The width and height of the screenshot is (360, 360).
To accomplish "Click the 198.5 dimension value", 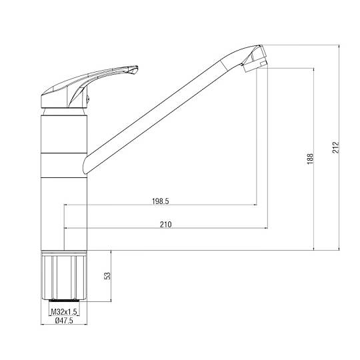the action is [x=160, y=201].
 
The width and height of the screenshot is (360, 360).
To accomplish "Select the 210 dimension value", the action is [x=166, y=224].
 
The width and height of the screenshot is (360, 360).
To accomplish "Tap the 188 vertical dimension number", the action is [x=310, y=159].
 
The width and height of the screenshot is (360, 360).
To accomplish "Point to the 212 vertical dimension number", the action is [x=335, y=147].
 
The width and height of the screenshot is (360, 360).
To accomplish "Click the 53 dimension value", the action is [x=107, y=276].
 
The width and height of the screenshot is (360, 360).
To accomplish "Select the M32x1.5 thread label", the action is [x=64, y=312].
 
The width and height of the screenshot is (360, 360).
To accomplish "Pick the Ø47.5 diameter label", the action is [x=64, y=320].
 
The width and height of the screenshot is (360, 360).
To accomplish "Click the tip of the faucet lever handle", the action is [x=137, y=67].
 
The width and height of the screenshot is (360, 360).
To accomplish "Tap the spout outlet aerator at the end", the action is [x=255, y=66].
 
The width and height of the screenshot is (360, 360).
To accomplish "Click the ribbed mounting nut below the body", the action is [x=64, y=275].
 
